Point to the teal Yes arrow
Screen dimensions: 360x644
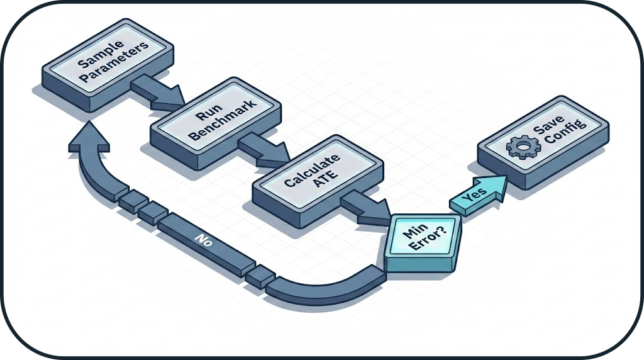[x=478, y=195]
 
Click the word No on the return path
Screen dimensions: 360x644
[x=203, y=241]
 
